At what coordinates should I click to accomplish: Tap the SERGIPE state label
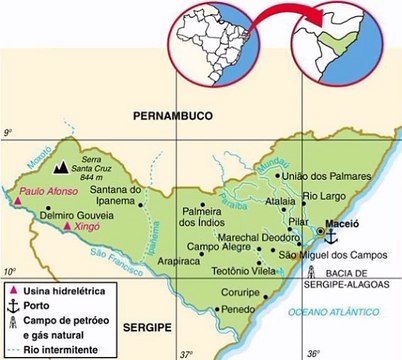(148, 326)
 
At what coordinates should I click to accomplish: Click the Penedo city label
(239, 310)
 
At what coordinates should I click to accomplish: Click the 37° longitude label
(187, 352)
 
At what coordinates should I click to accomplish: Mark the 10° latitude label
(9, 272)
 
